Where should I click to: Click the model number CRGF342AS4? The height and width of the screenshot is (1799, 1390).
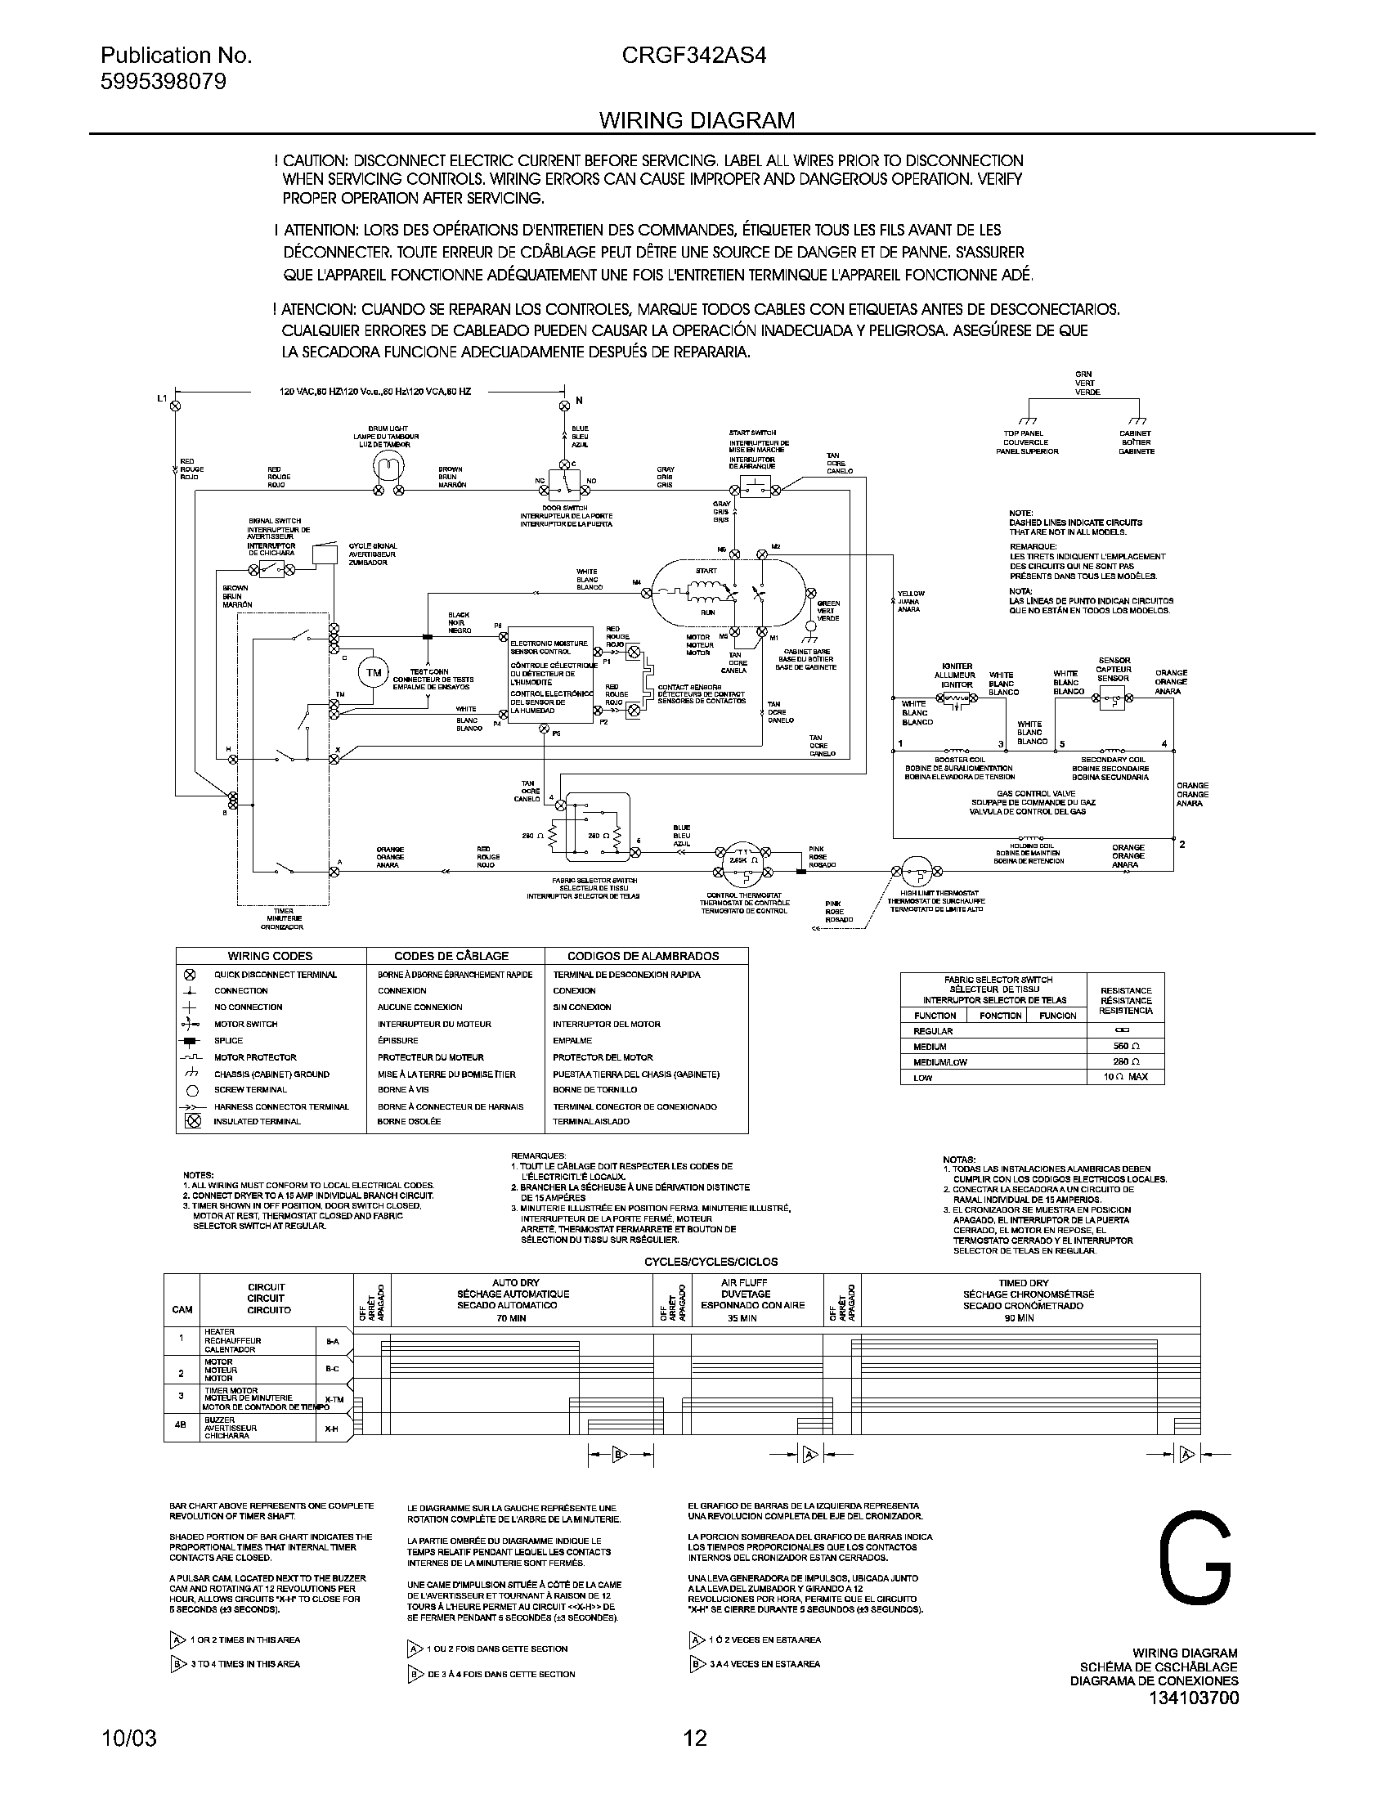click(x=696, y=56)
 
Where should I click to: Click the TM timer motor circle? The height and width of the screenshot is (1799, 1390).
click(x=374, y=673)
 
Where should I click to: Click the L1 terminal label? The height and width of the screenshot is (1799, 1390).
click(x=162, y=400)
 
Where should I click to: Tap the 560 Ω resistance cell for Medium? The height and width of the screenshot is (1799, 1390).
click(x=1126, y=1046)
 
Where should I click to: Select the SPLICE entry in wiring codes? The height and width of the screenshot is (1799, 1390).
click(x=228, y=1040)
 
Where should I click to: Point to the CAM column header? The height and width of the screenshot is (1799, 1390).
click(x=182, y=1309)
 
